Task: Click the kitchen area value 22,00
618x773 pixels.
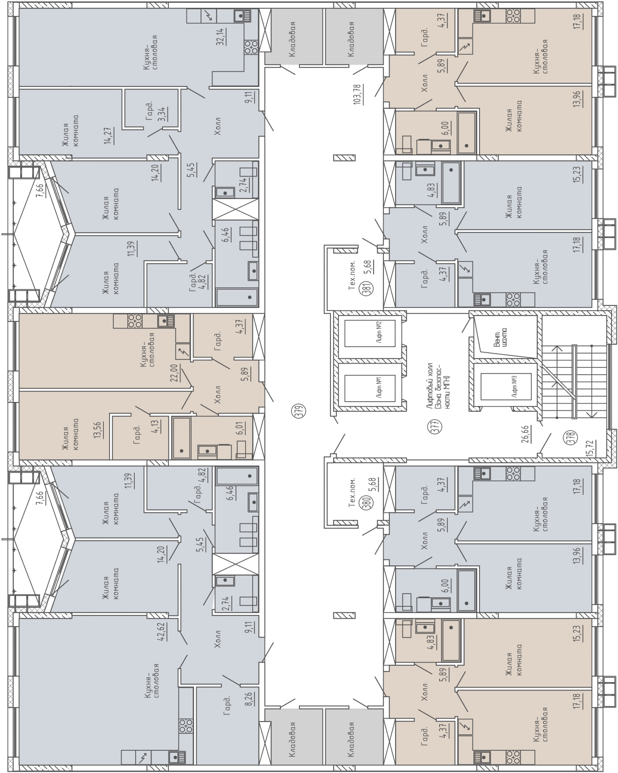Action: [174, 374]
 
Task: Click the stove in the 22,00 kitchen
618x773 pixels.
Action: [135, 321]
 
